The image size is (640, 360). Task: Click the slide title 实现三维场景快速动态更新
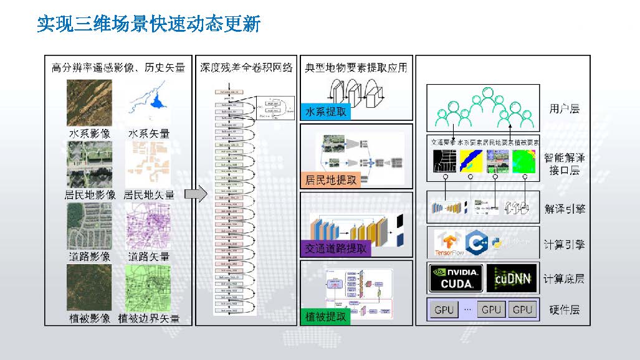tap(148, 25)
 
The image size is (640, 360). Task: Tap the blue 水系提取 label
tap(325, 112)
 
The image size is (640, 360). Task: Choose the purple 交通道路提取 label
tap(335, 249)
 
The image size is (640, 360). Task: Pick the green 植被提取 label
tap(325, 316)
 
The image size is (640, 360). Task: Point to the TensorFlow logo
tap(450, 244)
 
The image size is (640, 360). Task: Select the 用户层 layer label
tap(565, 109)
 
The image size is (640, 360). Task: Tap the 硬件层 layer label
tap(565, 310)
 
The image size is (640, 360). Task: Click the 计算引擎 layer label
tap(565, 244)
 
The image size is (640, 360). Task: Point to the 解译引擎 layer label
tap(565, 209)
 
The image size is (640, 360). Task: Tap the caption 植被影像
tap(90, 318)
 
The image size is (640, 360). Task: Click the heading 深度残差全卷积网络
tap(246, 67)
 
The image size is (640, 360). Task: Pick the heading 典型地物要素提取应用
tap(356, 67)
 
